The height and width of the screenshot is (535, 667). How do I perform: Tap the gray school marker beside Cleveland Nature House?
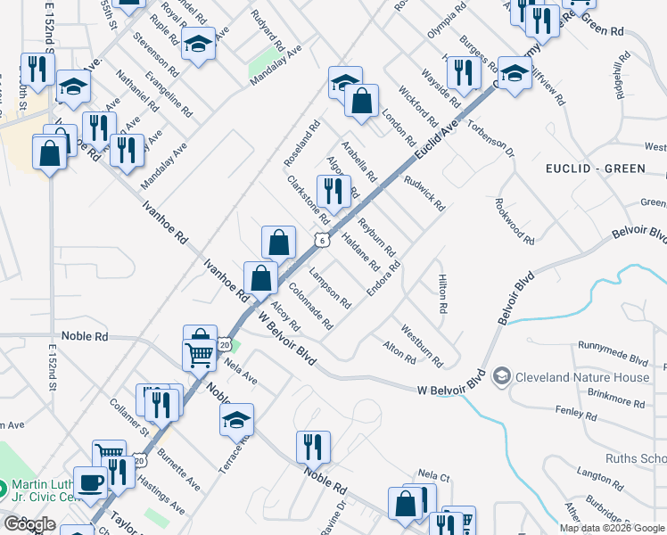(501, 377)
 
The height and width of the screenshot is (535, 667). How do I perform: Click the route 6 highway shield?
(318, 240)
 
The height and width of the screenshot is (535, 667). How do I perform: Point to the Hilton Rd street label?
(441, 293)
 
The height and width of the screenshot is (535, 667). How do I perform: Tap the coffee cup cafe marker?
(91, 482)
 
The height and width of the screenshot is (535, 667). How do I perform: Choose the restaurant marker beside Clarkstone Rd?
(333, 190)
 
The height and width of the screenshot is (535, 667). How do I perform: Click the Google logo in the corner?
(29, 524)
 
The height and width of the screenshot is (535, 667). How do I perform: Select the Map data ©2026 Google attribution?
(612, 528)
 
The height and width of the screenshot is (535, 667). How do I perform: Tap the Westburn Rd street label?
(422, 345)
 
